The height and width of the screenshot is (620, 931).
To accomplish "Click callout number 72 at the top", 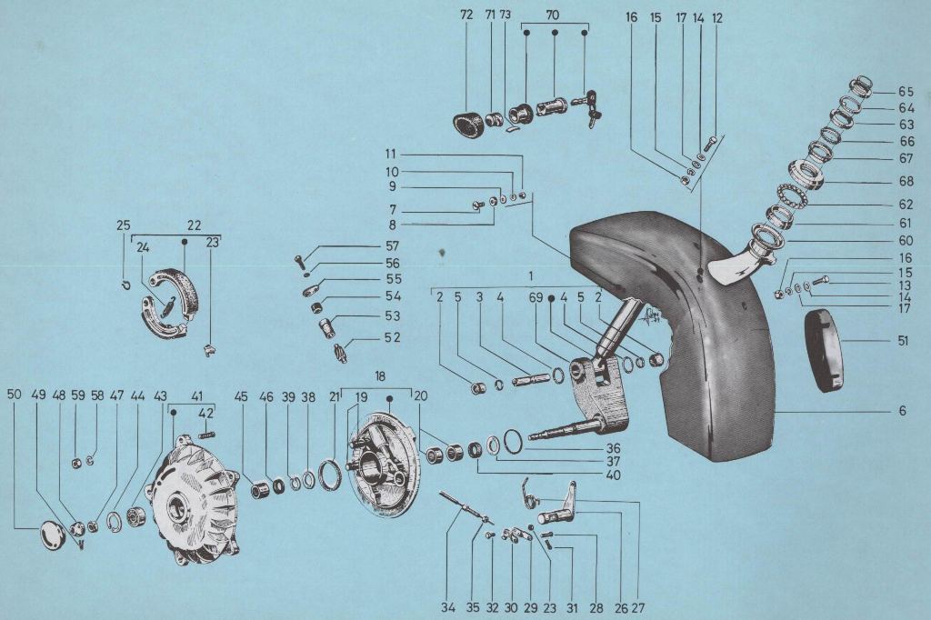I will click(x=466, y=16).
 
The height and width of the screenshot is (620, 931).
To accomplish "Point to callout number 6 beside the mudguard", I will click(x=902, y=411).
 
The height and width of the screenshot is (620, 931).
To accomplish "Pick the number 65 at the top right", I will click(x=905, y=91).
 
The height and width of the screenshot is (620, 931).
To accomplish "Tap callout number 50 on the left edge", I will click(x=14, y=395).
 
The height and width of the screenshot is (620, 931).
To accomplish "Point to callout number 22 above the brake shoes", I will click(x=194, y=225).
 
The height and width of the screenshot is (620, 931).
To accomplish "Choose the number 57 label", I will click(x=392, y=246).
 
